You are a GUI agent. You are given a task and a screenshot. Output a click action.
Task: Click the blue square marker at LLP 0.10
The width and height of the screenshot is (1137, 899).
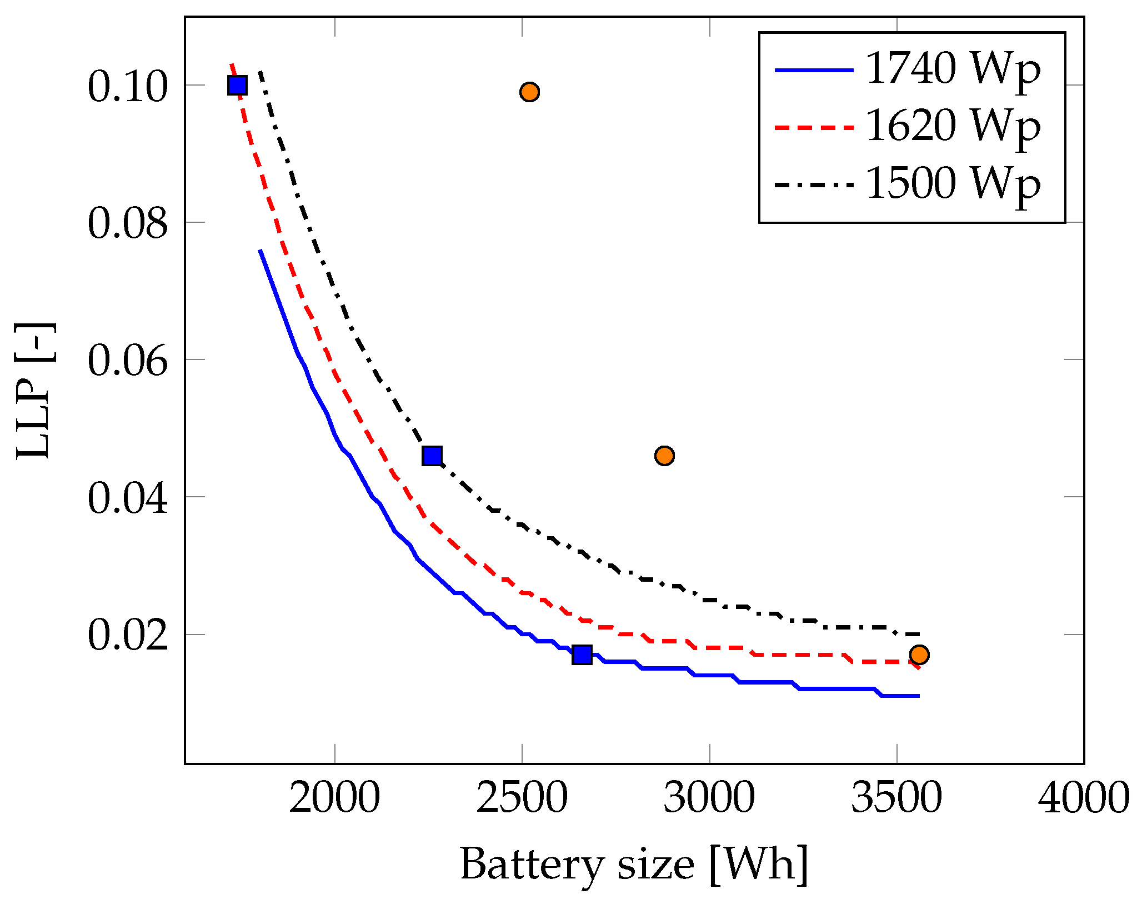237,86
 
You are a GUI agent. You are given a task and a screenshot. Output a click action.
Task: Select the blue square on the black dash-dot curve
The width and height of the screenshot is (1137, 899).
432,456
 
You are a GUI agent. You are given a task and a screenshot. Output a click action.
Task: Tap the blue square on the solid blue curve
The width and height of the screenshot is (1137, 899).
582,655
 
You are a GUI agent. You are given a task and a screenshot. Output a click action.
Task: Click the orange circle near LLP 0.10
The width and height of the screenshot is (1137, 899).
530,92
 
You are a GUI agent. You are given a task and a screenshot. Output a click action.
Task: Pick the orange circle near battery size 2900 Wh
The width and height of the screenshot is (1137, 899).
664,456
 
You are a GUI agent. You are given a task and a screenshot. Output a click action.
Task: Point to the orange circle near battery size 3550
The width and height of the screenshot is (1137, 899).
919,655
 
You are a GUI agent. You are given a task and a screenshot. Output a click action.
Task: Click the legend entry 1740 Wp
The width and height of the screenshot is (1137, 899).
953,71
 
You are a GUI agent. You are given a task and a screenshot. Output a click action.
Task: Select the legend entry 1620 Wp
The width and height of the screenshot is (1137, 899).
953,127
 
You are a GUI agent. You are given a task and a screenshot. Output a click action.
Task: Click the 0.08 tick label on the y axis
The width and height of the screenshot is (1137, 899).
127,223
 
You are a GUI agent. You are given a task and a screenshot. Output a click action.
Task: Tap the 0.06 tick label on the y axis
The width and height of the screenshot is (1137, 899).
127,360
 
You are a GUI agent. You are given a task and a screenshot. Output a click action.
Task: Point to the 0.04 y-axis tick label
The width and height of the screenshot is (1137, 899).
127,497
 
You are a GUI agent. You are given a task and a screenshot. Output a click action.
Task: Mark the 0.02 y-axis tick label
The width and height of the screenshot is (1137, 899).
127,635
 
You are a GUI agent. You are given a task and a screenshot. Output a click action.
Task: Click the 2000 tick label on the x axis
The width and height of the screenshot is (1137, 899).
334,798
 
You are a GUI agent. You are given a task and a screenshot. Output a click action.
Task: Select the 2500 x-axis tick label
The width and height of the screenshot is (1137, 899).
522,798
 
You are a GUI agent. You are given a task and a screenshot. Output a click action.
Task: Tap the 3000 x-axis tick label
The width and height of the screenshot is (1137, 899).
709,798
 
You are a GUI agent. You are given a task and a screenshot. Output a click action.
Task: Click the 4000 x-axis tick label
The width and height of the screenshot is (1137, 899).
1083,798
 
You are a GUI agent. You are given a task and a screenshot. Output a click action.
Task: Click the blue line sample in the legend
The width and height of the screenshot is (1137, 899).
814,71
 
